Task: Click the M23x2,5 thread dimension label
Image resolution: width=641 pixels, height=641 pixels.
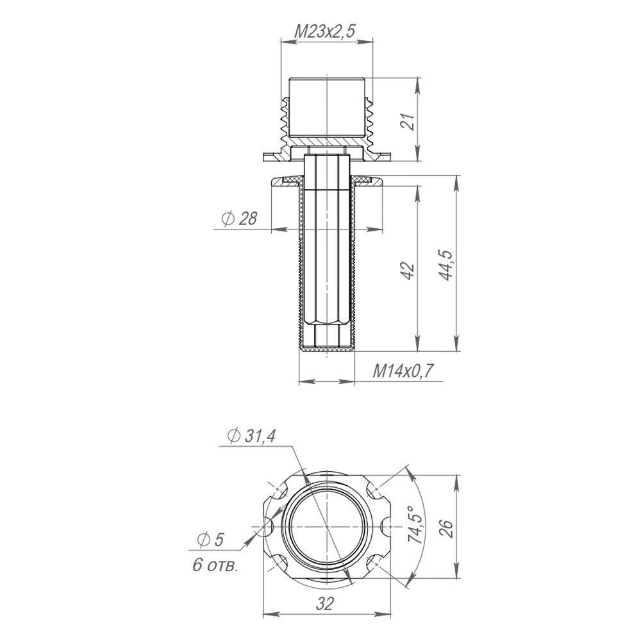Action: [x=326, y=31]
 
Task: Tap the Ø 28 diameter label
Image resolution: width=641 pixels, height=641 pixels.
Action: [x=240, y=219]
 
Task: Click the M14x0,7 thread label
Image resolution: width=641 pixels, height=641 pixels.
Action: [x=403, y=372]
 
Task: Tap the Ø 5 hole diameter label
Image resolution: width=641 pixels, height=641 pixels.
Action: [x=210, y=540]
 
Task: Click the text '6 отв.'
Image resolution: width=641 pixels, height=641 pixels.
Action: [x=215, y=566]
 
